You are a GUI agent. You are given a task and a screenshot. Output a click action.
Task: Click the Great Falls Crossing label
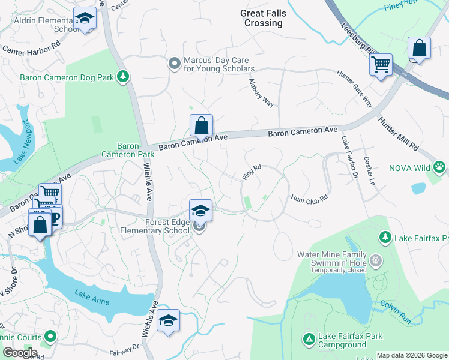point(263,18)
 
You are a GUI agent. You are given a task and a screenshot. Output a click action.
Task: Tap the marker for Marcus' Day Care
point(175,63)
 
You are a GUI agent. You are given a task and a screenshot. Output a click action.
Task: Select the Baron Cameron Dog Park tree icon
point(123,76)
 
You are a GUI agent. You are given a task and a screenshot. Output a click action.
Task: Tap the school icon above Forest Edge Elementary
point(201,211)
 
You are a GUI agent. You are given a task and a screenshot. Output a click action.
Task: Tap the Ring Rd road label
point(252,172)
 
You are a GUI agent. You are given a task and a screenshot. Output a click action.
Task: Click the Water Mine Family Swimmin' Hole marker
point(376,260)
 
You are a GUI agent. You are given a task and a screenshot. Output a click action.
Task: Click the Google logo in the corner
point(20,353)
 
